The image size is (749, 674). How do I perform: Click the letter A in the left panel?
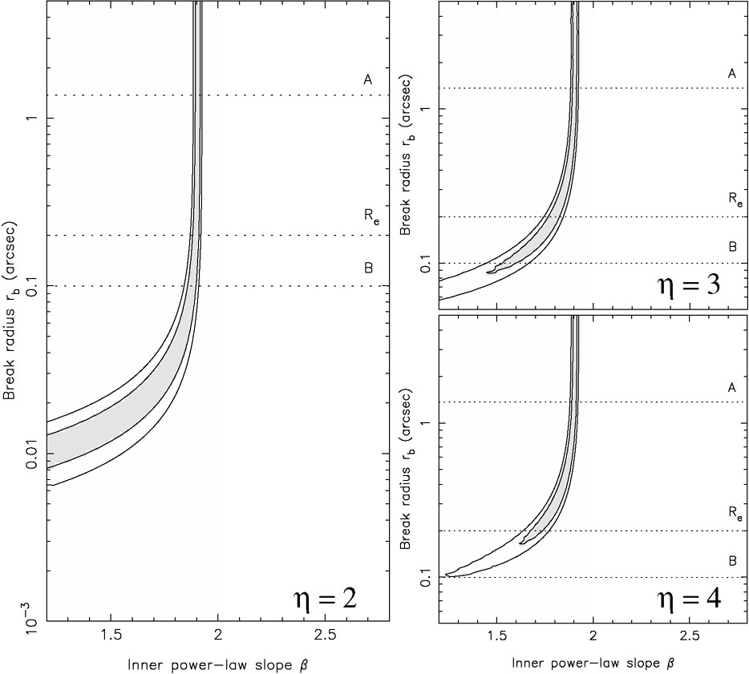(x=367, y=79)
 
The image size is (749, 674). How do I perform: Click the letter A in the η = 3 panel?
(x=731, y=73)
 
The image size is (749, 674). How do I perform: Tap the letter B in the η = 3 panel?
(x=732, y=247)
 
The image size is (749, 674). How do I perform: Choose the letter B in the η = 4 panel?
(x=732, y=561)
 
